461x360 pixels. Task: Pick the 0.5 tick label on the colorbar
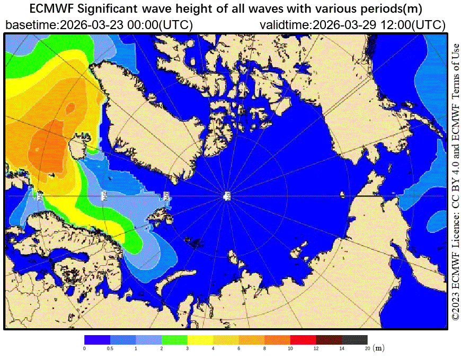click(x=110, y=348)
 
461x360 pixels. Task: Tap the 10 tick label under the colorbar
click(x=290, y=348)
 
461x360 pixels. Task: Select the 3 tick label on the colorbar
click(x=188, y=348)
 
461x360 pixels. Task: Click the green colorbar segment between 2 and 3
click(x=175, y=339)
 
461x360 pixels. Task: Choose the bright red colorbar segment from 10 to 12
click(x=303, y=339)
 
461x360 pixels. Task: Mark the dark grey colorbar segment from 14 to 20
click(x=354, y=339)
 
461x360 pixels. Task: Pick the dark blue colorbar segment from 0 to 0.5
click(x=97, y=339)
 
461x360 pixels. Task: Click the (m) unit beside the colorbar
click(x=378, y=348)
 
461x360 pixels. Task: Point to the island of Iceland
click(x=77, y=146)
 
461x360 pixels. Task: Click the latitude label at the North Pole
click(x=227, y=196)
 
